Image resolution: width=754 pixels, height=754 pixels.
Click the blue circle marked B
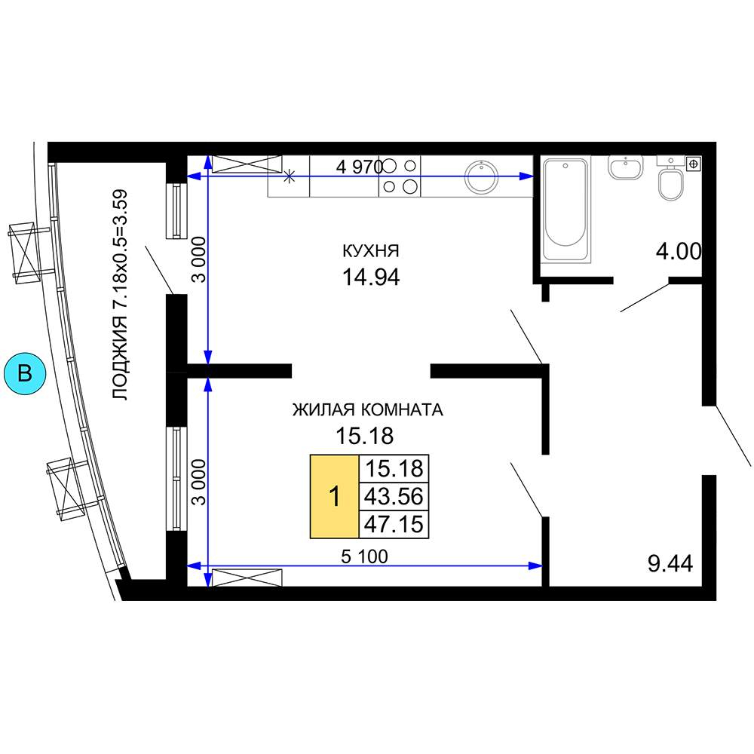(x=25, y=373)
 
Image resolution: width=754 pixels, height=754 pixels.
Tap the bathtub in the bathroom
(x=565, y=210)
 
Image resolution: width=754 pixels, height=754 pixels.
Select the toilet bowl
(x=671, y=182)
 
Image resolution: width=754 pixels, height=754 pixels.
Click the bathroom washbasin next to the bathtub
(x=626, y=167)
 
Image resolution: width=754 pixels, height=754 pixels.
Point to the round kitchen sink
(x=480, y=176)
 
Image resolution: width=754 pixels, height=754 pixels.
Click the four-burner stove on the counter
(x=400, y=176)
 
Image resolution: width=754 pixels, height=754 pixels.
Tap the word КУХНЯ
(x=371, y=250)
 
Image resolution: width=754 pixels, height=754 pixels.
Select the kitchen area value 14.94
(x=371, y=277)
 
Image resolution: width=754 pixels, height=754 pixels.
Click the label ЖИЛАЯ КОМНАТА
(x=367, y=409)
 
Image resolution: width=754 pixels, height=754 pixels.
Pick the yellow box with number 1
(x=335, y=496)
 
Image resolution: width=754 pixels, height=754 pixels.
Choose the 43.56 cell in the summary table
(x=394, y=496)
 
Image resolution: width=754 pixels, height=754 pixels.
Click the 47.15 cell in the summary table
(x=394, y=524)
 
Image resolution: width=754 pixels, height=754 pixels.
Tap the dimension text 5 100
(x=364, y=556)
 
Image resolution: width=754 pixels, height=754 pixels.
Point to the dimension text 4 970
(x=360, y=167)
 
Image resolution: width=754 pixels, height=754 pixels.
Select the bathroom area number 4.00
(x=679, y=252)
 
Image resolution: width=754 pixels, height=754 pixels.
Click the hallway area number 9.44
(x=670, y=563)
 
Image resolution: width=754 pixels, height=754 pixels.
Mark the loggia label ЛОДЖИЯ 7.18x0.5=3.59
(x=120, y=295)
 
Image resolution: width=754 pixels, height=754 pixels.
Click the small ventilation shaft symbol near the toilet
(x=694, y=164)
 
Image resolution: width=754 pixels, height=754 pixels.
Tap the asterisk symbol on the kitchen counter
(x=289, y=176)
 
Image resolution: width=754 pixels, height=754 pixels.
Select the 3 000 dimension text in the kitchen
(x=198, y=259)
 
